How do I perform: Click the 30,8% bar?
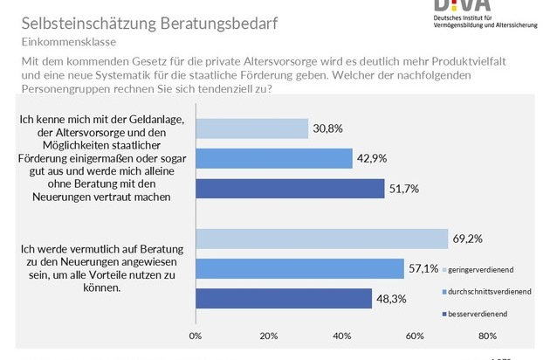pyautogui.click(x=252, y=128)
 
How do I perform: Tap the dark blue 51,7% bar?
pyautogui.click(x=290, y=188)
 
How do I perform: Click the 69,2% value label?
pyautogui.click(x=467, y=238)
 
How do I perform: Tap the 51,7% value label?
pyautogui.click(x=403, y=188)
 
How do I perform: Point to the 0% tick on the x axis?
pyautogui.click(x=196, y=335)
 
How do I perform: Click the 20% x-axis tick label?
pyautogui.click(x=269, y=335)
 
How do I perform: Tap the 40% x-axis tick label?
pyautogui.click(x=342, y=335)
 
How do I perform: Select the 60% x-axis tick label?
pyautogui.click(x=415, y=335)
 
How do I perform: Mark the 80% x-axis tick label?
pyautogui.click(x=488, y=335)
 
